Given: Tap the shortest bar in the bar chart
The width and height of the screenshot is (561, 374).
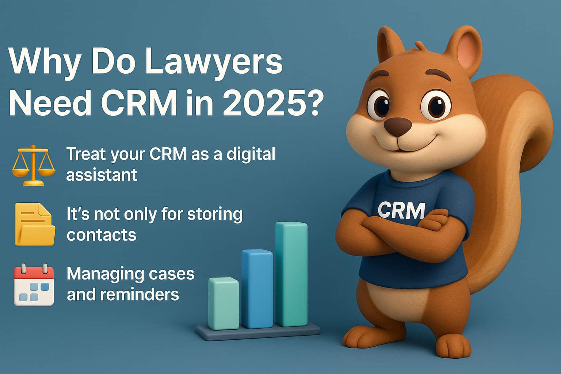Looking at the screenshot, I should pyautogui.click(x=223, y=303).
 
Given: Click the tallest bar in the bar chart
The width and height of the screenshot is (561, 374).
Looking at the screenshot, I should pyautogui.click(x=291, y=274).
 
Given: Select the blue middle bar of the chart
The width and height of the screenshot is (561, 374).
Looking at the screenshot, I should pyautogui.click(x=257, y=289).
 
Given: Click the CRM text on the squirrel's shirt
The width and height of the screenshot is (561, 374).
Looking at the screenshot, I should pyautogui.click(x=401, y=210).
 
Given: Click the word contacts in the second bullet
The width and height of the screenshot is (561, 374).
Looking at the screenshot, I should pyautogui.click(x=101, y=234).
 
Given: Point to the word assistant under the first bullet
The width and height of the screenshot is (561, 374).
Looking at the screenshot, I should pyautogui.click(x=102, y=175).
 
